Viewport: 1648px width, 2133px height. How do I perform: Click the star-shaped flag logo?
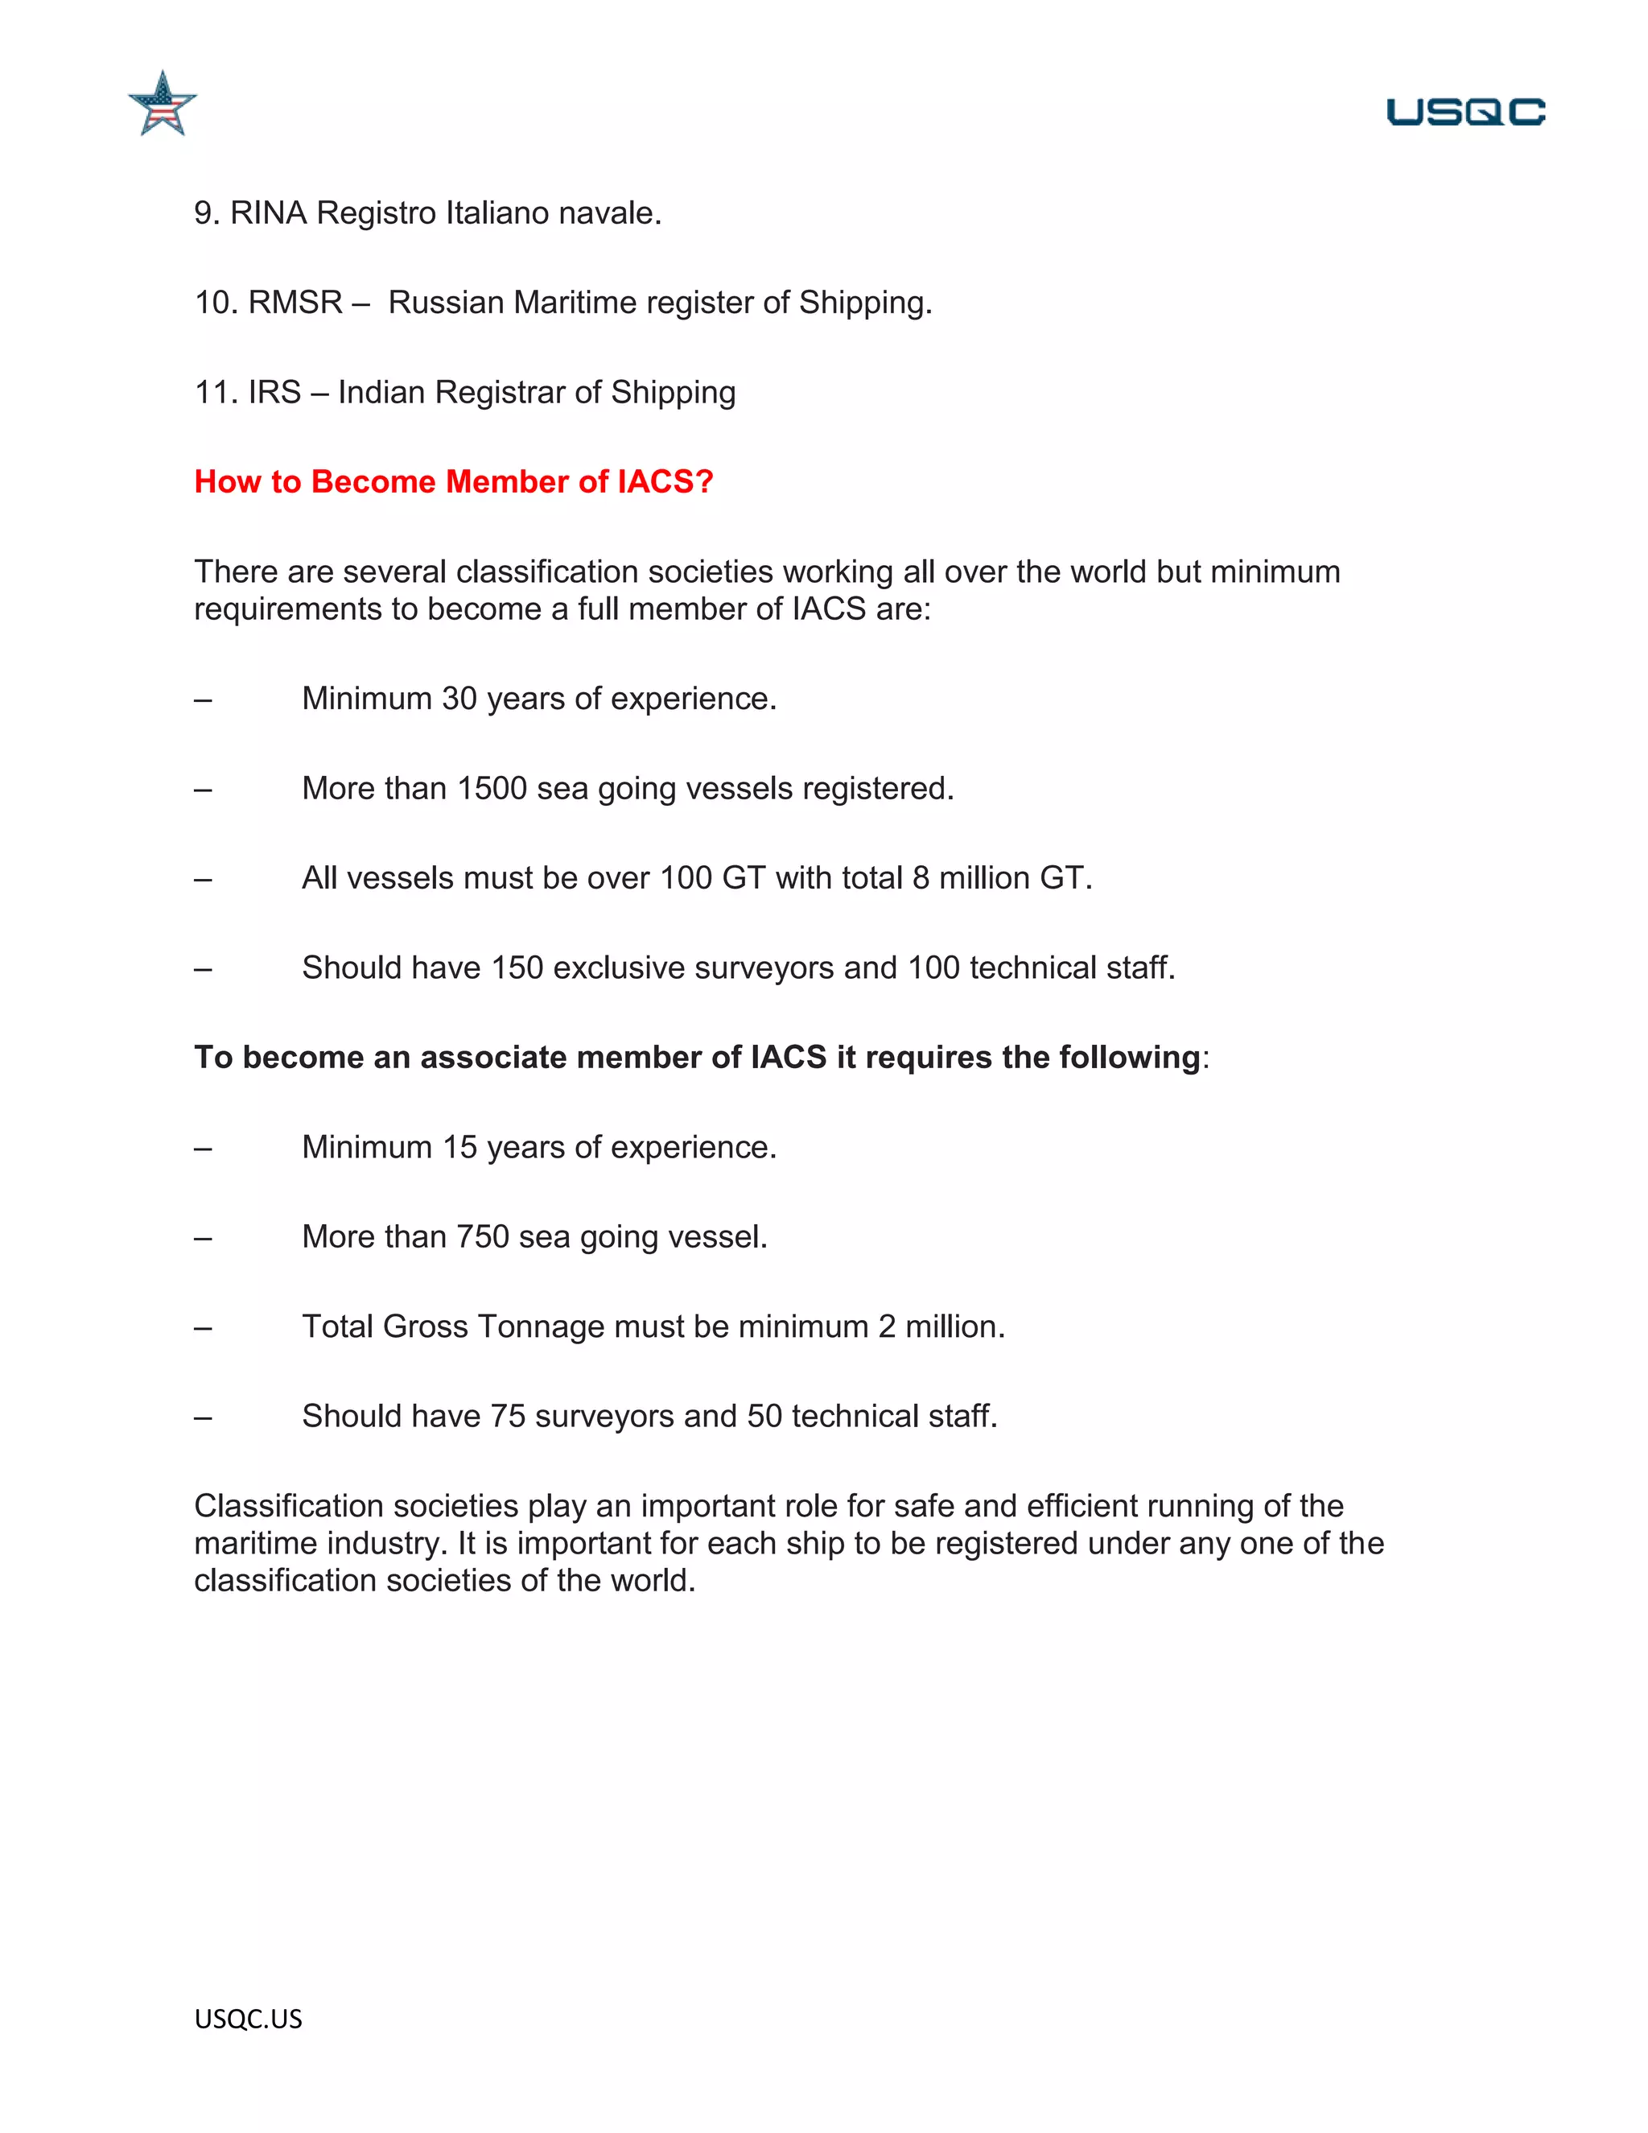pyautogui.click(x=162, y=105)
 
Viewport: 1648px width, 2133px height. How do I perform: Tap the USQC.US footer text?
pyautogui.click(x=248, y=2019)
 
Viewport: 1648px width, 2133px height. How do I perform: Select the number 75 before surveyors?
pyautogui.click(x=508, y=1416)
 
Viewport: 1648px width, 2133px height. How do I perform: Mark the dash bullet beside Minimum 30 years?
pyautogui.click(x=203, y=700)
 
